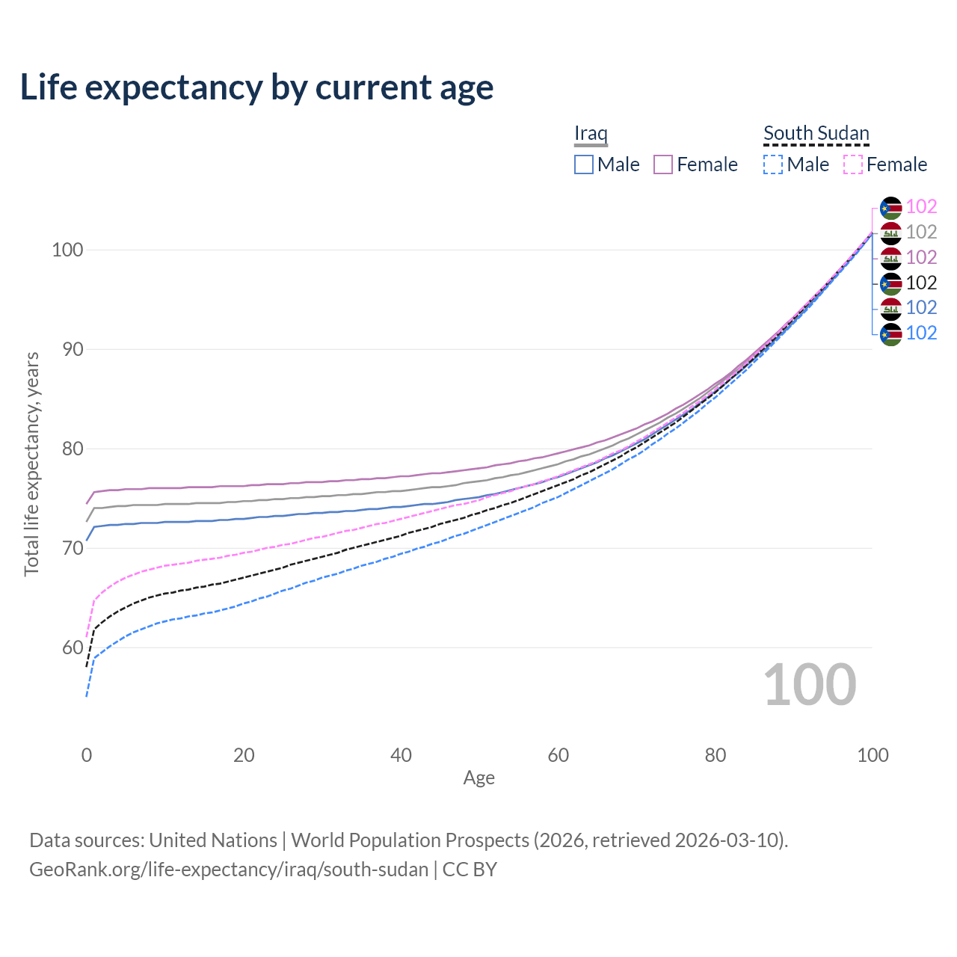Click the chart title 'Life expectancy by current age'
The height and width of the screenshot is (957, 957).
[256, 87]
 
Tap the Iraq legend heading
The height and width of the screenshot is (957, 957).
[591, 133]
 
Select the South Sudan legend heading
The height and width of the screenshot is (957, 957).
[816, 133]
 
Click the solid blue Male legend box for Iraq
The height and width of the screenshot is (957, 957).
[584, 164]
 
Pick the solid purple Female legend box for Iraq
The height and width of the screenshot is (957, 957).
[663, 164]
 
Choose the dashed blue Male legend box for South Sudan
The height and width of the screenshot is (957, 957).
[773, 164]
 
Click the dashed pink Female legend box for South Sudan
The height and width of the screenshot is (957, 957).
[853, 164]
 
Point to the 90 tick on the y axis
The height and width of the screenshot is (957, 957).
[67, 349]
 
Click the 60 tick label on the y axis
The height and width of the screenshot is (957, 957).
[67, 647]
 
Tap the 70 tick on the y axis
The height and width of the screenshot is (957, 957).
[67, 548]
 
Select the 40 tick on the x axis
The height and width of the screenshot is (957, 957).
[401, 755]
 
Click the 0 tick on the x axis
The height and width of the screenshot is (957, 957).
[87, 755]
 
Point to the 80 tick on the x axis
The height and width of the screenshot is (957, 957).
[716, 755]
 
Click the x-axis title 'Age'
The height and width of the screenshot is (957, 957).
[479, 778]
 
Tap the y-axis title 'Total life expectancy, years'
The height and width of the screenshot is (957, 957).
[31, 464]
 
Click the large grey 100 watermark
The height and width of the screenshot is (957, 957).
[810, 685]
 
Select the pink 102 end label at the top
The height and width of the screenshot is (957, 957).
[921, 207]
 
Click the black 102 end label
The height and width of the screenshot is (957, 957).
[921, 283]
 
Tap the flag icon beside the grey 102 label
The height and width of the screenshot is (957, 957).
[890, 233]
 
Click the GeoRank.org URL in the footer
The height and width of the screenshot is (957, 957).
[229, 870]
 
